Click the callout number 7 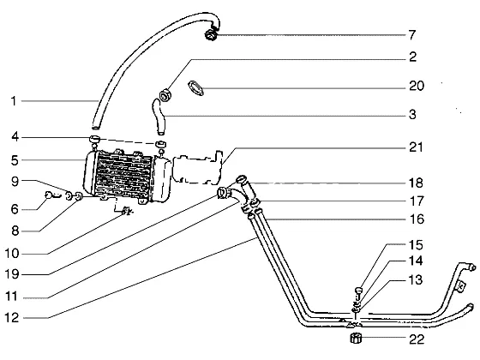click(x=412, y=35)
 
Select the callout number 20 click(x=417, y=86)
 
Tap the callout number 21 click(x=416, y=147)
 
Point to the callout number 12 click(x=12, y=318)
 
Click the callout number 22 click(x=417, y=339)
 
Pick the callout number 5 click(x=15, y=160)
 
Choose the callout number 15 click(x=416, y=245)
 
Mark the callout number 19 click(x=12, y=274)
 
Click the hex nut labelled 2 click(x=165, y=95)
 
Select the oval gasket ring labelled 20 click(x=195, y=88)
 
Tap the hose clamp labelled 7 click(x=211, y=33)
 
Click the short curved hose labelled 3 click(x=159, y=117)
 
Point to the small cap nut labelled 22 click(x=356, y=338)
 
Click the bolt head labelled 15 click(x=358, y=290)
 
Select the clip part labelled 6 click(x=51, y=195)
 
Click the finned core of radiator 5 click(x=124, y=175)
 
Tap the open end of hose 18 click(x=242, y=178)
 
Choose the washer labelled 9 click(x=69, y=195)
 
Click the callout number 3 click(x=412, y=115)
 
